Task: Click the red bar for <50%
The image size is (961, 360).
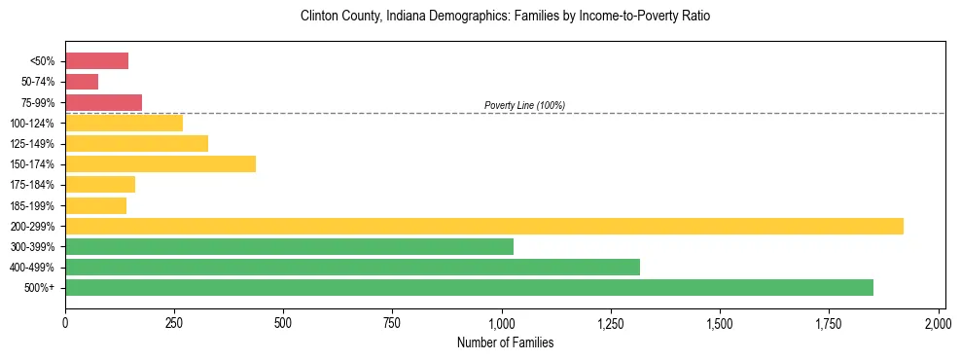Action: point(97,61)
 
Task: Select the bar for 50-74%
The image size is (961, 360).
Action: point(82,82)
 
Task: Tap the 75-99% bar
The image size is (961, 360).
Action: point(104,102)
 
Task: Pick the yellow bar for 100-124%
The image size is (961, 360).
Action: point(125,124)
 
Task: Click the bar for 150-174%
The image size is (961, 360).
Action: point(160,164)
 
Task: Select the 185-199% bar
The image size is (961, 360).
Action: point(96,205)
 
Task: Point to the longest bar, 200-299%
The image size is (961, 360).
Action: point(484,226)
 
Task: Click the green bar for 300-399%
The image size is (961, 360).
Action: point(289,246)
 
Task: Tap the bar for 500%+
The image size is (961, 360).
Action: point(469,287)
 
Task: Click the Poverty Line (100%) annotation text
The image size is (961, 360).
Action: point(524,105)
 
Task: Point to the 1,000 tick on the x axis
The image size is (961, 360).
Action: point(502,322)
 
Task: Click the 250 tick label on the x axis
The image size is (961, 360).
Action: point(174,322)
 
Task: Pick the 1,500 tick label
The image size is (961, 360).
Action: point(720,322)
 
